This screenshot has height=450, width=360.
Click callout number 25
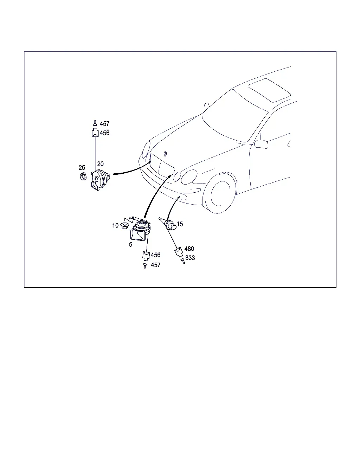tap(82, 167)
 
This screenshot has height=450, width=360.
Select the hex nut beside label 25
tap(83, 176)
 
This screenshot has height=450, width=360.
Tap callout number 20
tap(101, 164)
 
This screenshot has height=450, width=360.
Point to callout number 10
tap(115, 226)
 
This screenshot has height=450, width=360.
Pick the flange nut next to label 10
tap(124, 226)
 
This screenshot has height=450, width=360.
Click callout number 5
tap(130, 244)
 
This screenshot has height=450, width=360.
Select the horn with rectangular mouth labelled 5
tap(140, 230)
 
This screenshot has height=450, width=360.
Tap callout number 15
tap(180, 224)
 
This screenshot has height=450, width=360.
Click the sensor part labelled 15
tap(169, 224)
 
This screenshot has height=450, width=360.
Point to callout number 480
tap(189, 249)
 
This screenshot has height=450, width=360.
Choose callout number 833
tap(190, 258)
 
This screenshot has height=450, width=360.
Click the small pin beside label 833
tap(183, 261)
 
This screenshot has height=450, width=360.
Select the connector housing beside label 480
tap(179, 252)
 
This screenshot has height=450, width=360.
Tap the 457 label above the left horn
tap(105, 124)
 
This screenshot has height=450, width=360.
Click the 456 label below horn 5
tap(156, 255)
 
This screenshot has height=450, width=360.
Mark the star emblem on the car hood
tap(166, 154)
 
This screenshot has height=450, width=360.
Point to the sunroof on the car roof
tap(269, 90)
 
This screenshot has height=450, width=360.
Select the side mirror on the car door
tap(261, 144)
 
